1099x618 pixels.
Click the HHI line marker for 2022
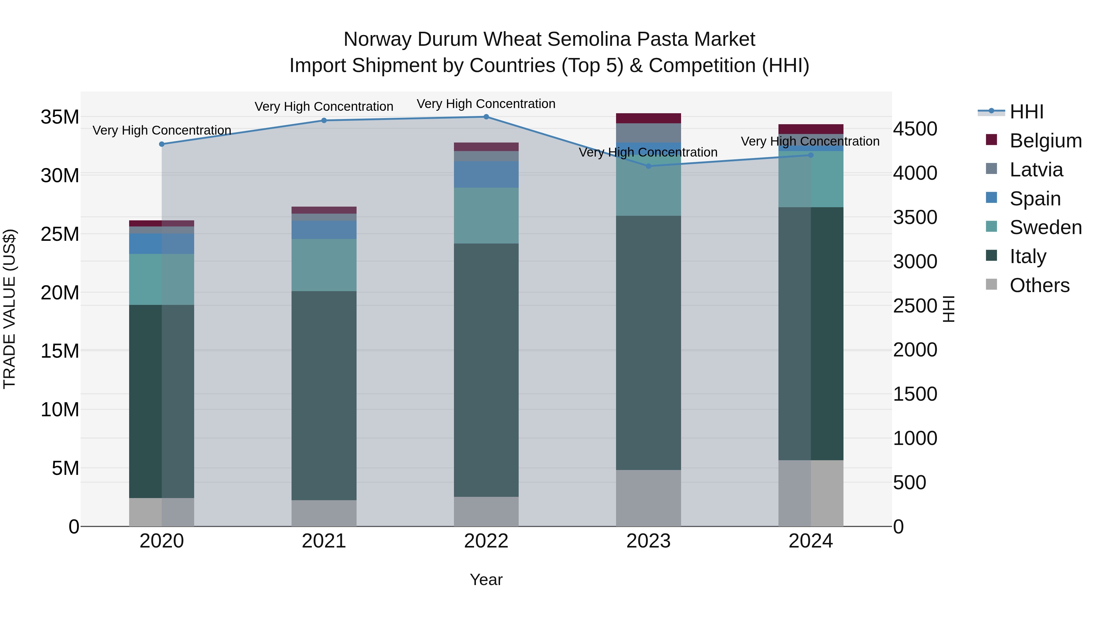click(x=486, y=117)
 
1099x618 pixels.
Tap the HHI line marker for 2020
click(x=162, y=144)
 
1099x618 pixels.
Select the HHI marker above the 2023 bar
click(x=648, y=166)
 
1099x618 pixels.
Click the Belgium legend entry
click(x=1045, y=141)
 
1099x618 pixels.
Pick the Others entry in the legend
click(x=1039, y=285)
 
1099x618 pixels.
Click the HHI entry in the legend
click(x=1026, y=112)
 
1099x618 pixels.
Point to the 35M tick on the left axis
click(x=60, y=117)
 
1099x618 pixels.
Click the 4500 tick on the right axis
click(x=915, y=129)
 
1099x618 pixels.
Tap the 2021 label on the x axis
click(x=324, y=541)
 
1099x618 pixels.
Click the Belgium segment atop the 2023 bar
click(x=648, y=118)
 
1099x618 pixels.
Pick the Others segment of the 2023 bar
click(x=648, y=498)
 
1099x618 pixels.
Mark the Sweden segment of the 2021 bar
click(x=324, y=265)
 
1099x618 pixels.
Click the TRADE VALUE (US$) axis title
click(x=9, y=309)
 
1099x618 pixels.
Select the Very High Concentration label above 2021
click(x=324, y=107)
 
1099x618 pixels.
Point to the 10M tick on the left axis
click(x=60, y=410)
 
